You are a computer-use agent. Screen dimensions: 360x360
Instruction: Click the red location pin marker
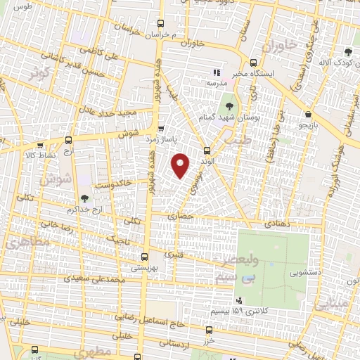click(x=181, y=165)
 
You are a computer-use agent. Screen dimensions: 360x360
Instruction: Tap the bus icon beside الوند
click(x=207, y=150)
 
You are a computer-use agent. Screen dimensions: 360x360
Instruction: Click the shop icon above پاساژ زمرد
click(x=162, y=129)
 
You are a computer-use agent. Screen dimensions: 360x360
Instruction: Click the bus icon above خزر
click(x=209, y=329)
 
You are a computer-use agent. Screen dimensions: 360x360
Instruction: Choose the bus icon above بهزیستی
click(x=145, y=257)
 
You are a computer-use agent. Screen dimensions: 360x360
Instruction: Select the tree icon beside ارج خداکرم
click(x=85, y=199)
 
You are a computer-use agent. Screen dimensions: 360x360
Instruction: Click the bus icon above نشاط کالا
click(x=68, y=140)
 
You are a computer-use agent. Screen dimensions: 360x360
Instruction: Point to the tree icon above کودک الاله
click(x=348, y=51)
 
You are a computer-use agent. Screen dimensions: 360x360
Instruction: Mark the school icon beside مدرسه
click(x=217, y=72)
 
